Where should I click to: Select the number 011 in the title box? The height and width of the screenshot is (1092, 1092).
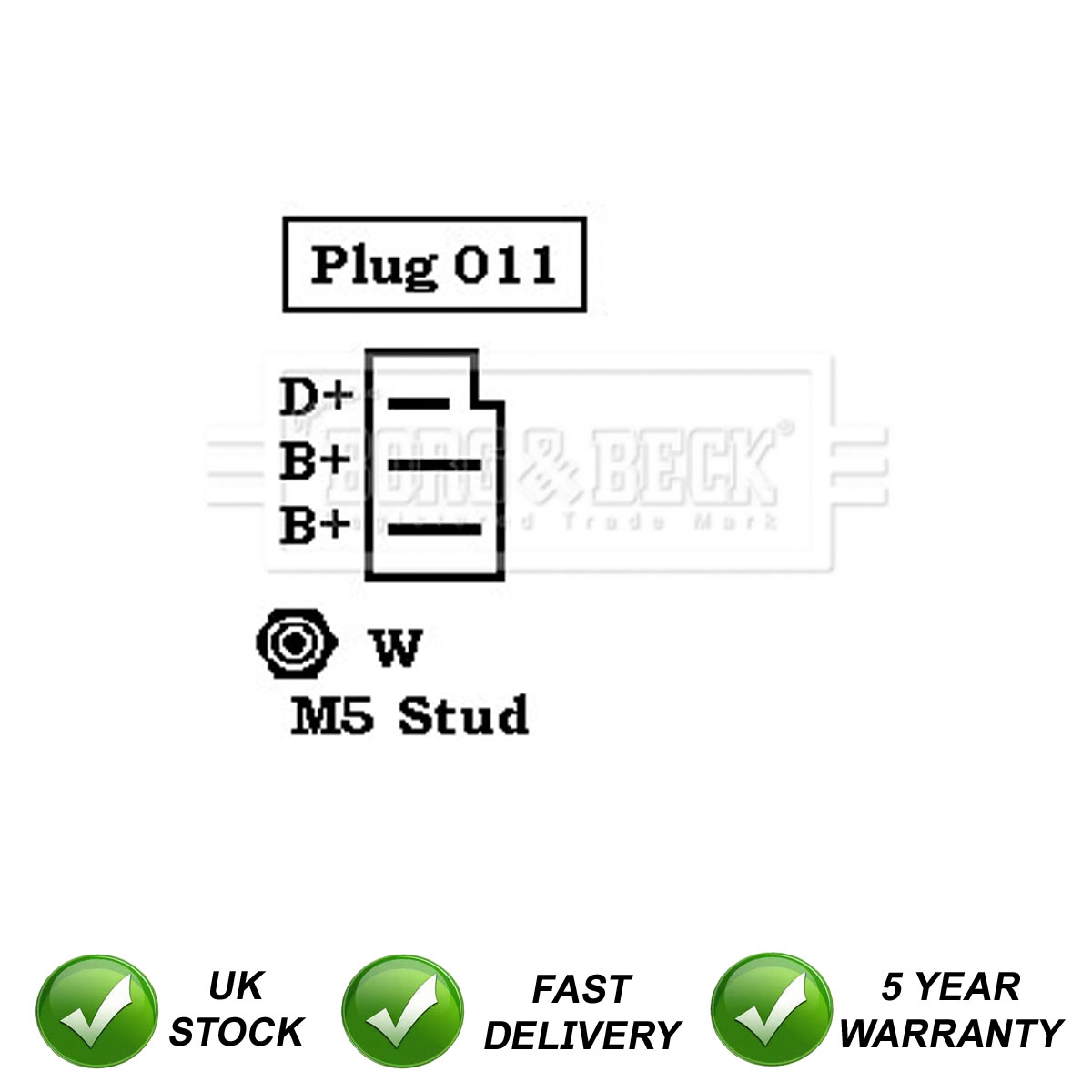(x=505, y=265)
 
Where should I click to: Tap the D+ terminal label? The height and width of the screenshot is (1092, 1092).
(x=315, y=397)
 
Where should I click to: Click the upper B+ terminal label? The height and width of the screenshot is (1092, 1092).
(x=315, y=460)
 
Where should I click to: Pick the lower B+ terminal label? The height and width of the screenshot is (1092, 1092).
(x=315, y=525)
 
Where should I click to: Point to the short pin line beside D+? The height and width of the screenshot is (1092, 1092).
(x=419, y=402)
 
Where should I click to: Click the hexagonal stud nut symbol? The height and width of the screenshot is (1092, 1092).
(x=296, y=642)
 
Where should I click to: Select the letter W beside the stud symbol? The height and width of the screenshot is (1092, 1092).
(x=397, y=648)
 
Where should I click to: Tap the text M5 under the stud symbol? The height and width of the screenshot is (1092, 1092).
(x=332, y=716)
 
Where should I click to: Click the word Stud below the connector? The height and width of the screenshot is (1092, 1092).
(x=463, y=715)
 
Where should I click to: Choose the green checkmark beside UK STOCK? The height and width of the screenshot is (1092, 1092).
(x=96, y=1010)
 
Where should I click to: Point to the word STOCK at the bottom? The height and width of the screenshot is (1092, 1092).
(x=236, y=1032)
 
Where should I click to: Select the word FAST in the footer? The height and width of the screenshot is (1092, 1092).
(x=581, y=989)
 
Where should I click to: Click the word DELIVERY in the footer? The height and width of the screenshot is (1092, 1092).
(x=581, y=1035)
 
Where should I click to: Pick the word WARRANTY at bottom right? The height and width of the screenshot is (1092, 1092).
(x=951, y=1033)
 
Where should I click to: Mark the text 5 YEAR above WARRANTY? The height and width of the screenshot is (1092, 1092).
(x=951, y=986)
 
